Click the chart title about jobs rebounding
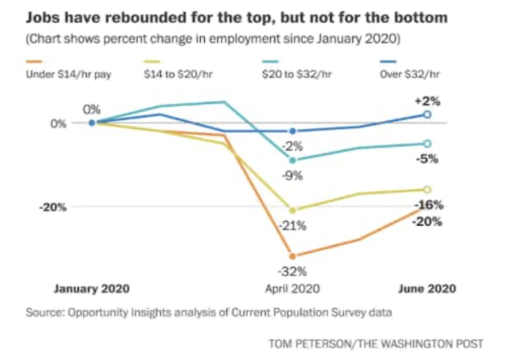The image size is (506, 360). (x=237, y=18)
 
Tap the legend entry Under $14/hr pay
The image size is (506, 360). (x=69, y=74)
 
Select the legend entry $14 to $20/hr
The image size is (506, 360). (x=178, y=74)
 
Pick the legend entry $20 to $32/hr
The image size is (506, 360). (x=297, y=74)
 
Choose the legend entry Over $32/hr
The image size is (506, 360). (x=410, y=74)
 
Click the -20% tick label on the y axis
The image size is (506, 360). (x=53, y=207)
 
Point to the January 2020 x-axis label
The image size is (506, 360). (x=92, y=289)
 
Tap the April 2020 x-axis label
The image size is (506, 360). (x=292, y=289)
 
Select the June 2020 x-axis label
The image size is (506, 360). (x=427, y=289)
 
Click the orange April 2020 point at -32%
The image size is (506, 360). (x=292, y=256)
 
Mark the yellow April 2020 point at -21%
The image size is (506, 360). (x=292, y=211)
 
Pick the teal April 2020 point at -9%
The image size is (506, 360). (x=292, y=160)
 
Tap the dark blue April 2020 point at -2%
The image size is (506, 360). (x=293, y=131)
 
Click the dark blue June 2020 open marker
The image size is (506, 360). (x=428, y=114)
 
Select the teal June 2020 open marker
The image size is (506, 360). (x=428, y=144)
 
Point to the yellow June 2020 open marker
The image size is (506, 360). (x=428, y=190)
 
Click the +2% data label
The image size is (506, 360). (x=427, y=101)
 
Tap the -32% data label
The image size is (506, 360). (x=292, y=271)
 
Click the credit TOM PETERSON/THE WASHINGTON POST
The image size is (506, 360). (x=376, y=344)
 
